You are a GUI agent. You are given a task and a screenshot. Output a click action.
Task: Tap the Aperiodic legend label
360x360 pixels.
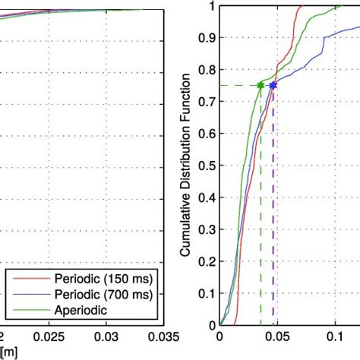tap(74, 308)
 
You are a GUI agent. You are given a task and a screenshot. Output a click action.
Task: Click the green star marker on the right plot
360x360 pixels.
tap(261, 85)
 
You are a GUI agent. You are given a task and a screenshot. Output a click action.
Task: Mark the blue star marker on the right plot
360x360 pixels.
tap(273, 85)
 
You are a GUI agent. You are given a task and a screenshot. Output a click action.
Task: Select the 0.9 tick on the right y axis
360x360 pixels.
tap(208, 38)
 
